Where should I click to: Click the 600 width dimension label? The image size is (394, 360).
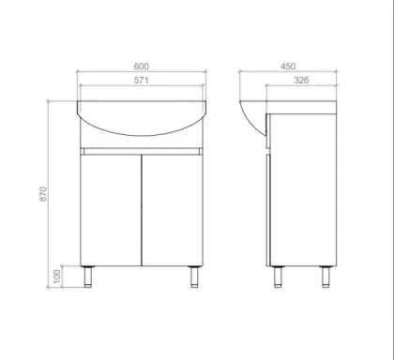(x=142, y=67)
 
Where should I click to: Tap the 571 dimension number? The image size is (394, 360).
(x=142, y=81)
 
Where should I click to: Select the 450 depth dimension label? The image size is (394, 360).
(x=288, y=67)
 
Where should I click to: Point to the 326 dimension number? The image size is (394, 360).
(x=301, y=81)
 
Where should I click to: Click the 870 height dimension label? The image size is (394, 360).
(x=43, y=194)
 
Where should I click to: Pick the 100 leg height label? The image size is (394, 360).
(x=57, y=277)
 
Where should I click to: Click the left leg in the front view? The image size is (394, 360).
(x=88, y=277)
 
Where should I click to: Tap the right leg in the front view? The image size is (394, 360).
(x=194, y=277)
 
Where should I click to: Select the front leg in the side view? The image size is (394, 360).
(x=278, y=277)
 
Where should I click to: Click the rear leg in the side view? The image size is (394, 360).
(x=326, y=277)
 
